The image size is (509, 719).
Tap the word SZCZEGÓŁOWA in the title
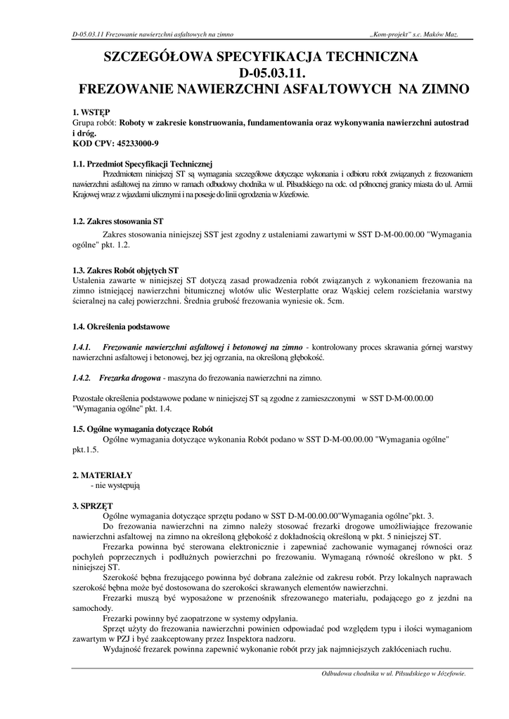(164, 56)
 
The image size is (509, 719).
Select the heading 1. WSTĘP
(91, 112)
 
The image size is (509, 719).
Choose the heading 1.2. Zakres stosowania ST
(118, 221)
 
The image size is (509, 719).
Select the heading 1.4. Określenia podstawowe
(121, 326)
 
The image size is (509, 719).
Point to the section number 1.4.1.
(82, 348)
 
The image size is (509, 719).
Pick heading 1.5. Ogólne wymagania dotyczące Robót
(143, 428)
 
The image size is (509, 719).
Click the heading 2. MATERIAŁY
(102, 475)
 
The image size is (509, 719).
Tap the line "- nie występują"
(116, 485)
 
